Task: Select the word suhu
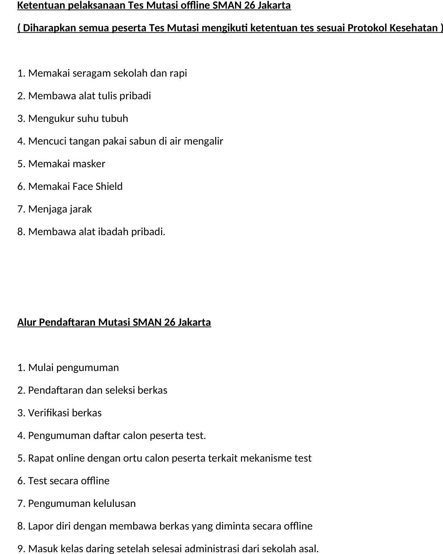tap(87, 118)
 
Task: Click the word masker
tap(89, 164)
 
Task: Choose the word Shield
tap(109, 186)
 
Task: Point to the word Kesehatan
tap(413, 28)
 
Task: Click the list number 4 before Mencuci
tap(20, 141)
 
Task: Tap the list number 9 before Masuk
tap(20, 549)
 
